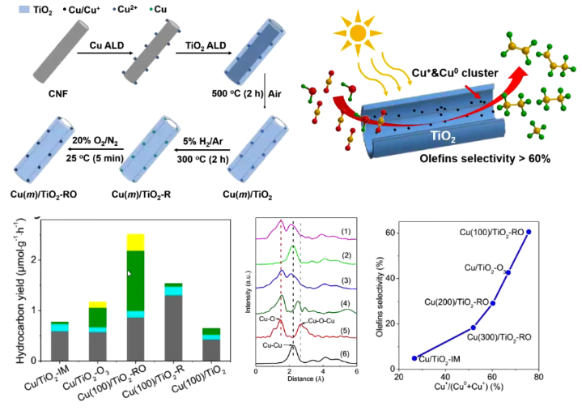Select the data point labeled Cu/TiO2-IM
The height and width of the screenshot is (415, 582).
pos(415,357)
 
